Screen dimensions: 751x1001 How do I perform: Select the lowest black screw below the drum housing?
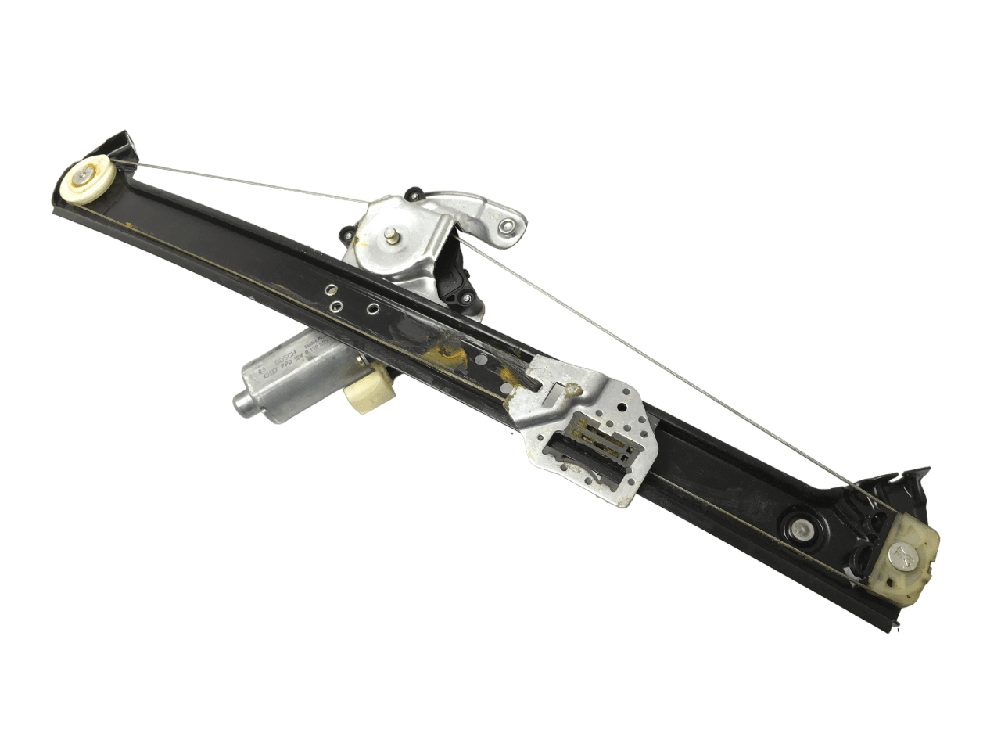(466, 297)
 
